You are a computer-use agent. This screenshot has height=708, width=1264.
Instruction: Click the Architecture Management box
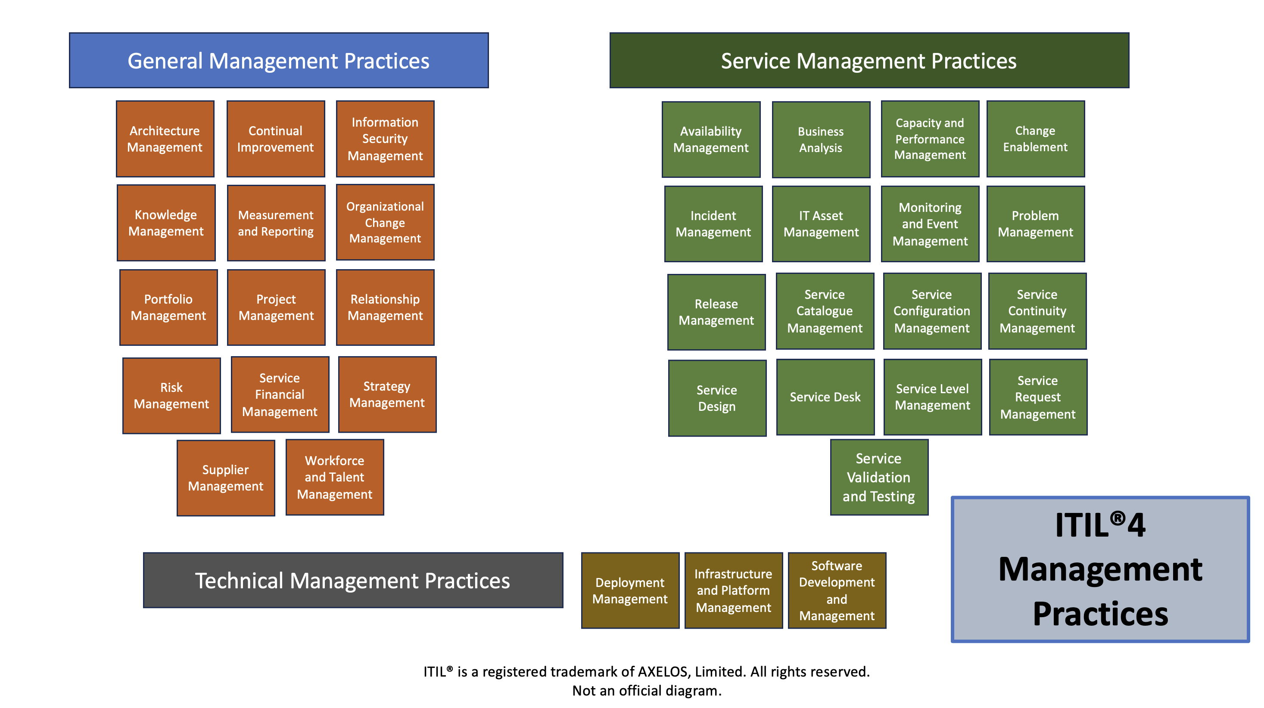click(x=165, y=139)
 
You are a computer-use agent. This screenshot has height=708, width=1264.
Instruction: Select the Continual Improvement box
click(x=275, y=139)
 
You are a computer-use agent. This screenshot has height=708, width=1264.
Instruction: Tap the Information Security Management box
click(x=385, y=139)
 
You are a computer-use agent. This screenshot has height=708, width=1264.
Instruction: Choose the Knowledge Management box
click(x=166, y=223)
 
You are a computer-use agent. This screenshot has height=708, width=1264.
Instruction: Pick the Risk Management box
click(x=171, y=395)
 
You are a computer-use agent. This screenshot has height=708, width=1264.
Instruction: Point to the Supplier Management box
click(x=226, y=478)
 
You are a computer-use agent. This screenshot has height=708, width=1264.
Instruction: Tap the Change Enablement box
click(x=1035, y=139)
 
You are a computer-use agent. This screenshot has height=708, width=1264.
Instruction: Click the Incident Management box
click(x=713, y=224)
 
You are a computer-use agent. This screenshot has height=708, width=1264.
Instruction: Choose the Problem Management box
click(x=1035, y=224)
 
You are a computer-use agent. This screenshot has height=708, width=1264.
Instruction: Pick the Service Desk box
click(x=825, y=397)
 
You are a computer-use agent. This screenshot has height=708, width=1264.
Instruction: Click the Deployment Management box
click(x=630, y=590)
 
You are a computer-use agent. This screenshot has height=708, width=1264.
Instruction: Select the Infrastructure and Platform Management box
click(x=734, y=590)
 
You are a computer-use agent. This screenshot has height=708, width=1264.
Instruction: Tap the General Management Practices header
click(x=279, y=60)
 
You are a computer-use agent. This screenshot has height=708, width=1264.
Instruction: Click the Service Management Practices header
click(x=869, y=60)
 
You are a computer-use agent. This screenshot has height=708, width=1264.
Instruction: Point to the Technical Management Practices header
click(x=353, y=581)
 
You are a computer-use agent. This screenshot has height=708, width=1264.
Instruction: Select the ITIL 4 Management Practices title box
click(x=1100, y=569)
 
